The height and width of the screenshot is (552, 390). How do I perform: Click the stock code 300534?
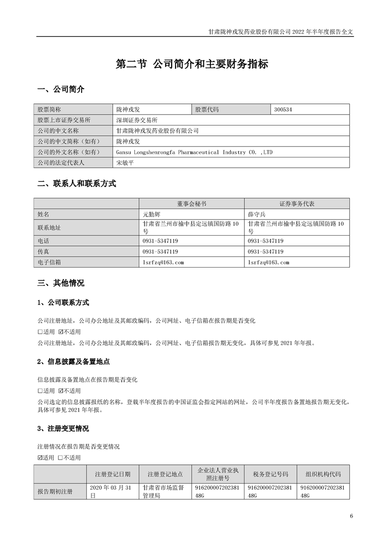click(x=284, y=109)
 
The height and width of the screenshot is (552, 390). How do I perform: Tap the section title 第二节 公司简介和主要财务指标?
click(x=191, y=64)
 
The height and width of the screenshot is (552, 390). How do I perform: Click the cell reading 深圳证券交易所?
click(x=137, y=120)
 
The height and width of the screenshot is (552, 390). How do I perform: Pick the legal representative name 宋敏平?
click(x=125, y=163)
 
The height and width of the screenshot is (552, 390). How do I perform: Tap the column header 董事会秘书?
click(x=192, y=203)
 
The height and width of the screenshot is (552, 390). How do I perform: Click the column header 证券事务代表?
click(x=297, y=203)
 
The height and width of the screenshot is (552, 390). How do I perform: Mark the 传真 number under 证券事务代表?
click(x=266, y=252)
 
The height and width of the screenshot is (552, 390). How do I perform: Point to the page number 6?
click(x=351, y=516)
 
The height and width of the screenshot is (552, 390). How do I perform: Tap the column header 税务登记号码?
click(x=270, y=474)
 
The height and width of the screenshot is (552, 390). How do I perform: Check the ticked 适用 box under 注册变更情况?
click(x=40, y=458)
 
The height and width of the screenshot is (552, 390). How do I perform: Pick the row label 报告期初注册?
click(x=55, y=491)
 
